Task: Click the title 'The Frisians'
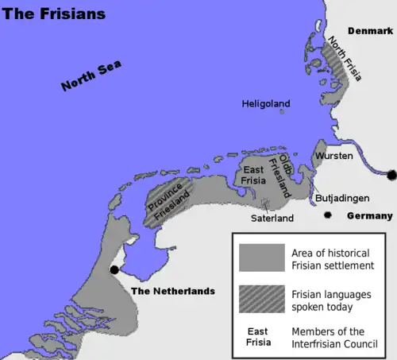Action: (x=53, y=14)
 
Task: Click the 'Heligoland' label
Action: (x=266, y=103)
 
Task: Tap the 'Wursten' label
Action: (x=333, y=156)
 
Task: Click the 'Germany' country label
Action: (x=369, y=216)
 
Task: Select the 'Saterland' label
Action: (x=272, y=218)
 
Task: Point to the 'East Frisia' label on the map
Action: (x=253, y=175)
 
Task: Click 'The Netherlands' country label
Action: (x=172, y=291)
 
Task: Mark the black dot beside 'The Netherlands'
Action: (x=114, y=270)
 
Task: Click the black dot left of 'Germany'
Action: (x=327, y=215)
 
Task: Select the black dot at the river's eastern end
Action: (x=391, y=175)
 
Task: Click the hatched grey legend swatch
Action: (x=261, y=299)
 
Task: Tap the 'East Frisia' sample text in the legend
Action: (x=256, y=337)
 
